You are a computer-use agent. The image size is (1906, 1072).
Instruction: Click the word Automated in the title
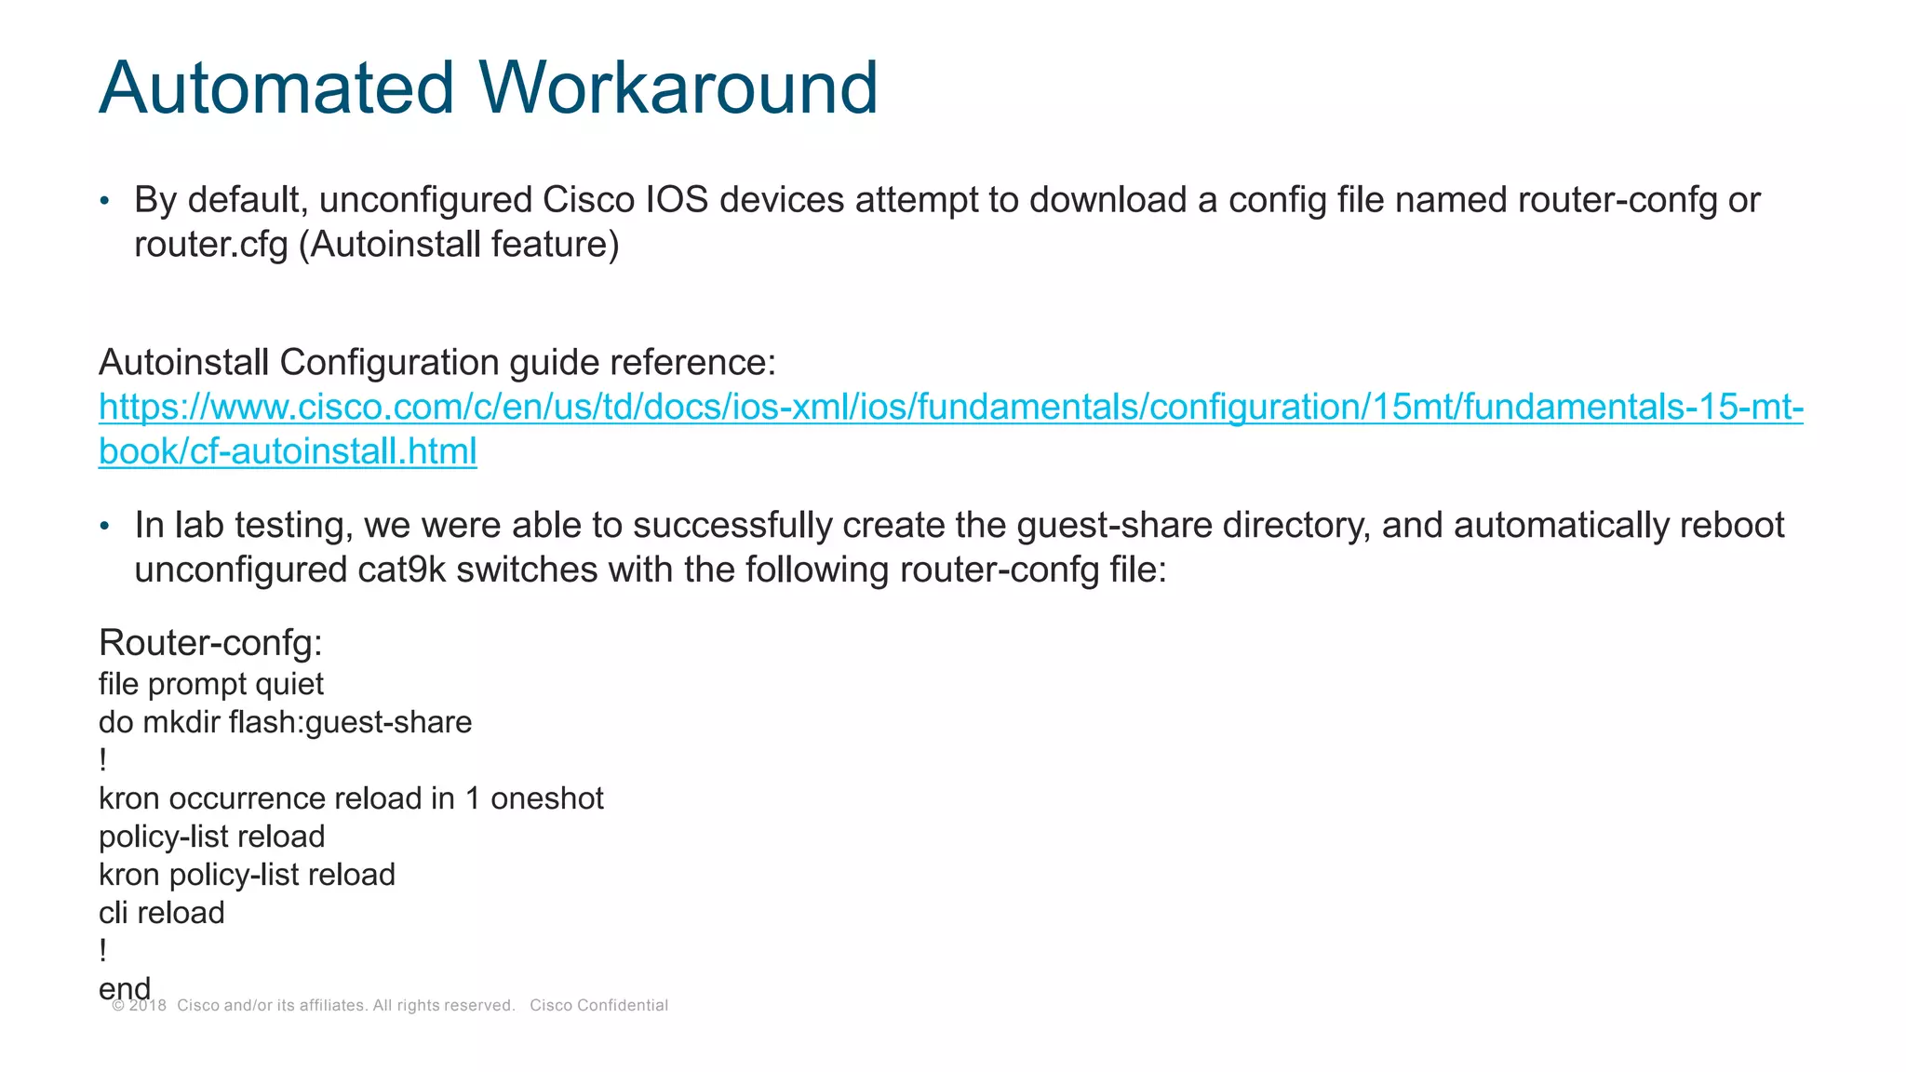point(276,87)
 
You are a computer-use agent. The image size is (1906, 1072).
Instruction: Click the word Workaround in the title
point(678,87)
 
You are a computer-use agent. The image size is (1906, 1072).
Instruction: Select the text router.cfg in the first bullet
point(210,245)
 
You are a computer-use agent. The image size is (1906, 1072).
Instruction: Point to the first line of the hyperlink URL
point(950,408)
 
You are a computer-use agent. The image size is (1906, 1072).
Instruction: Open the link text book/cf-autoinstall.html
point(288,452)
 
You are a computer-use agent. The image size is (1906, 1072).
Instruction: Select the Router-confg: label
point(210,643)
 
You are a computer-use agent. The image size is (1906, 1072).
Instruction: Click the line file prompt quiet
point(210,685)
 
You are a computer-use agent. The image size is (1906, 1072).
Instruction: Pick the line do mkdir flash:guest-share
point(285,723)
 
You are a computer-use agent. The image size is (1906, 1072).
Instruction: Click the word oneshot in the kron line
point(547,799)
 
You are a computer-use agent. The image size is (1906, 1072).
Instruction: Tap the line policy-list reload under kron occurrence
point(211,837)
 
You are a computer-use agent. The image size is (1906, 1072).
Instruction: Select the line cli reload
point(161,914)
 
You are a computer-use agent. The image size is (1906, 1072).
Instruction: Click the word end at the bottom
point(124,988)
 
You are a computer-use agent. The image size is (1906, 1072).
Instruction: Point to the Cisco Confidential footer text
point(598,1006)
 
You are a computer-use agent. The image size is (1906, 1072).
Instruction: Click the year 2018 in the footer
point(147,1006)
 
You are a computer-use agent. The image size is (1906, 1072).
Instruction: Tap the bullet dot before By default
point(105,201)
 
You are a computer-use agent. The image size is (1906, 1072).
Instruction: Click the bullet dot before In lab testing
point(105,527)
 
